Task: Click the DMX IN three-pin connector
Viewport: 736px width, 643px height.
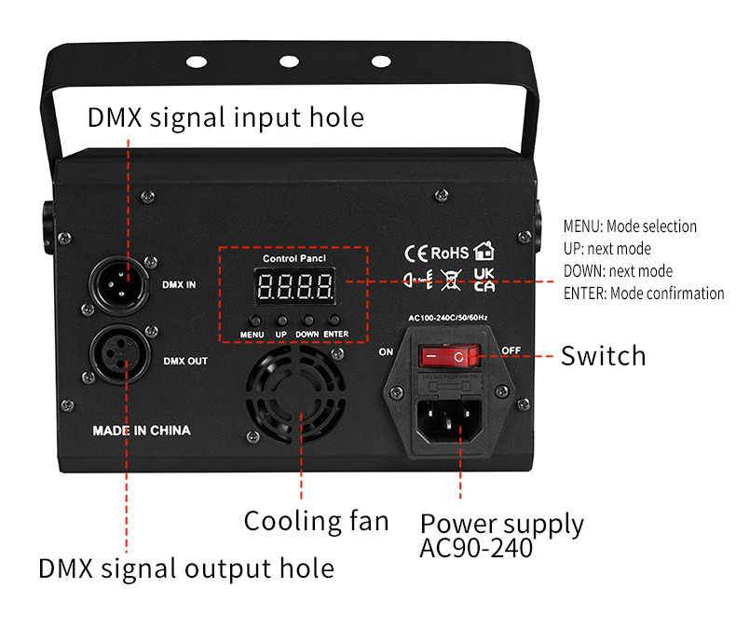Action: tap(118, 280)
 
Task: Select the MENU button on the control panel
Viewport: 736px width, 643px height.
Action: tap(253, 321)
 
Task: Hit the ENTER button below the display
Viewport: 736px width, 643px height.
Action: tap(337, 321)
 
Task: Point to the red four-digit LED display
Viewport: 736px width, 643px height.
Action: tap(294, 286)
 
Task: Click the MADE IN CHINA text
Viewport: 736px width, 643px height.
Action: tap(142, 431)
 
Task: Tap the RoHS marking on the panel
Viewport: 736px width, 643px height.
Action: tap(448, 253)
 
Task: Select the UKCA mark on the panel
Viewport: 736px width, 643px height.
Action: tap(484, 280)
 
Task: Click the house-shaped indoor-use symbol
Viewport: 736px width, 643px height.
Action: tap(484, 251)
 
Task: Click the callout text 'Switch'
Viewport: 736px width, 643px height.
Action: tap(603, 355)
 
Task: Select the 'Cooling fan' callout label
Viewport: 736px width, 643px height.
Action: tap(316, 520)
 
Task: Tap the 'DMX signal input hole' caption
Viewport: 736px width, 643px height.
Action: tap(225, 118)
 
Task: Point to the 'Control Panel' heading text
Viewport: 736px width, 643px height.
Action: tap(293, 258)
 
